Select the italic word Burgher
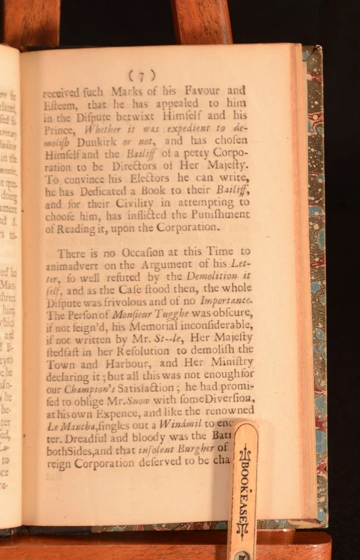coord(194,449)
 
